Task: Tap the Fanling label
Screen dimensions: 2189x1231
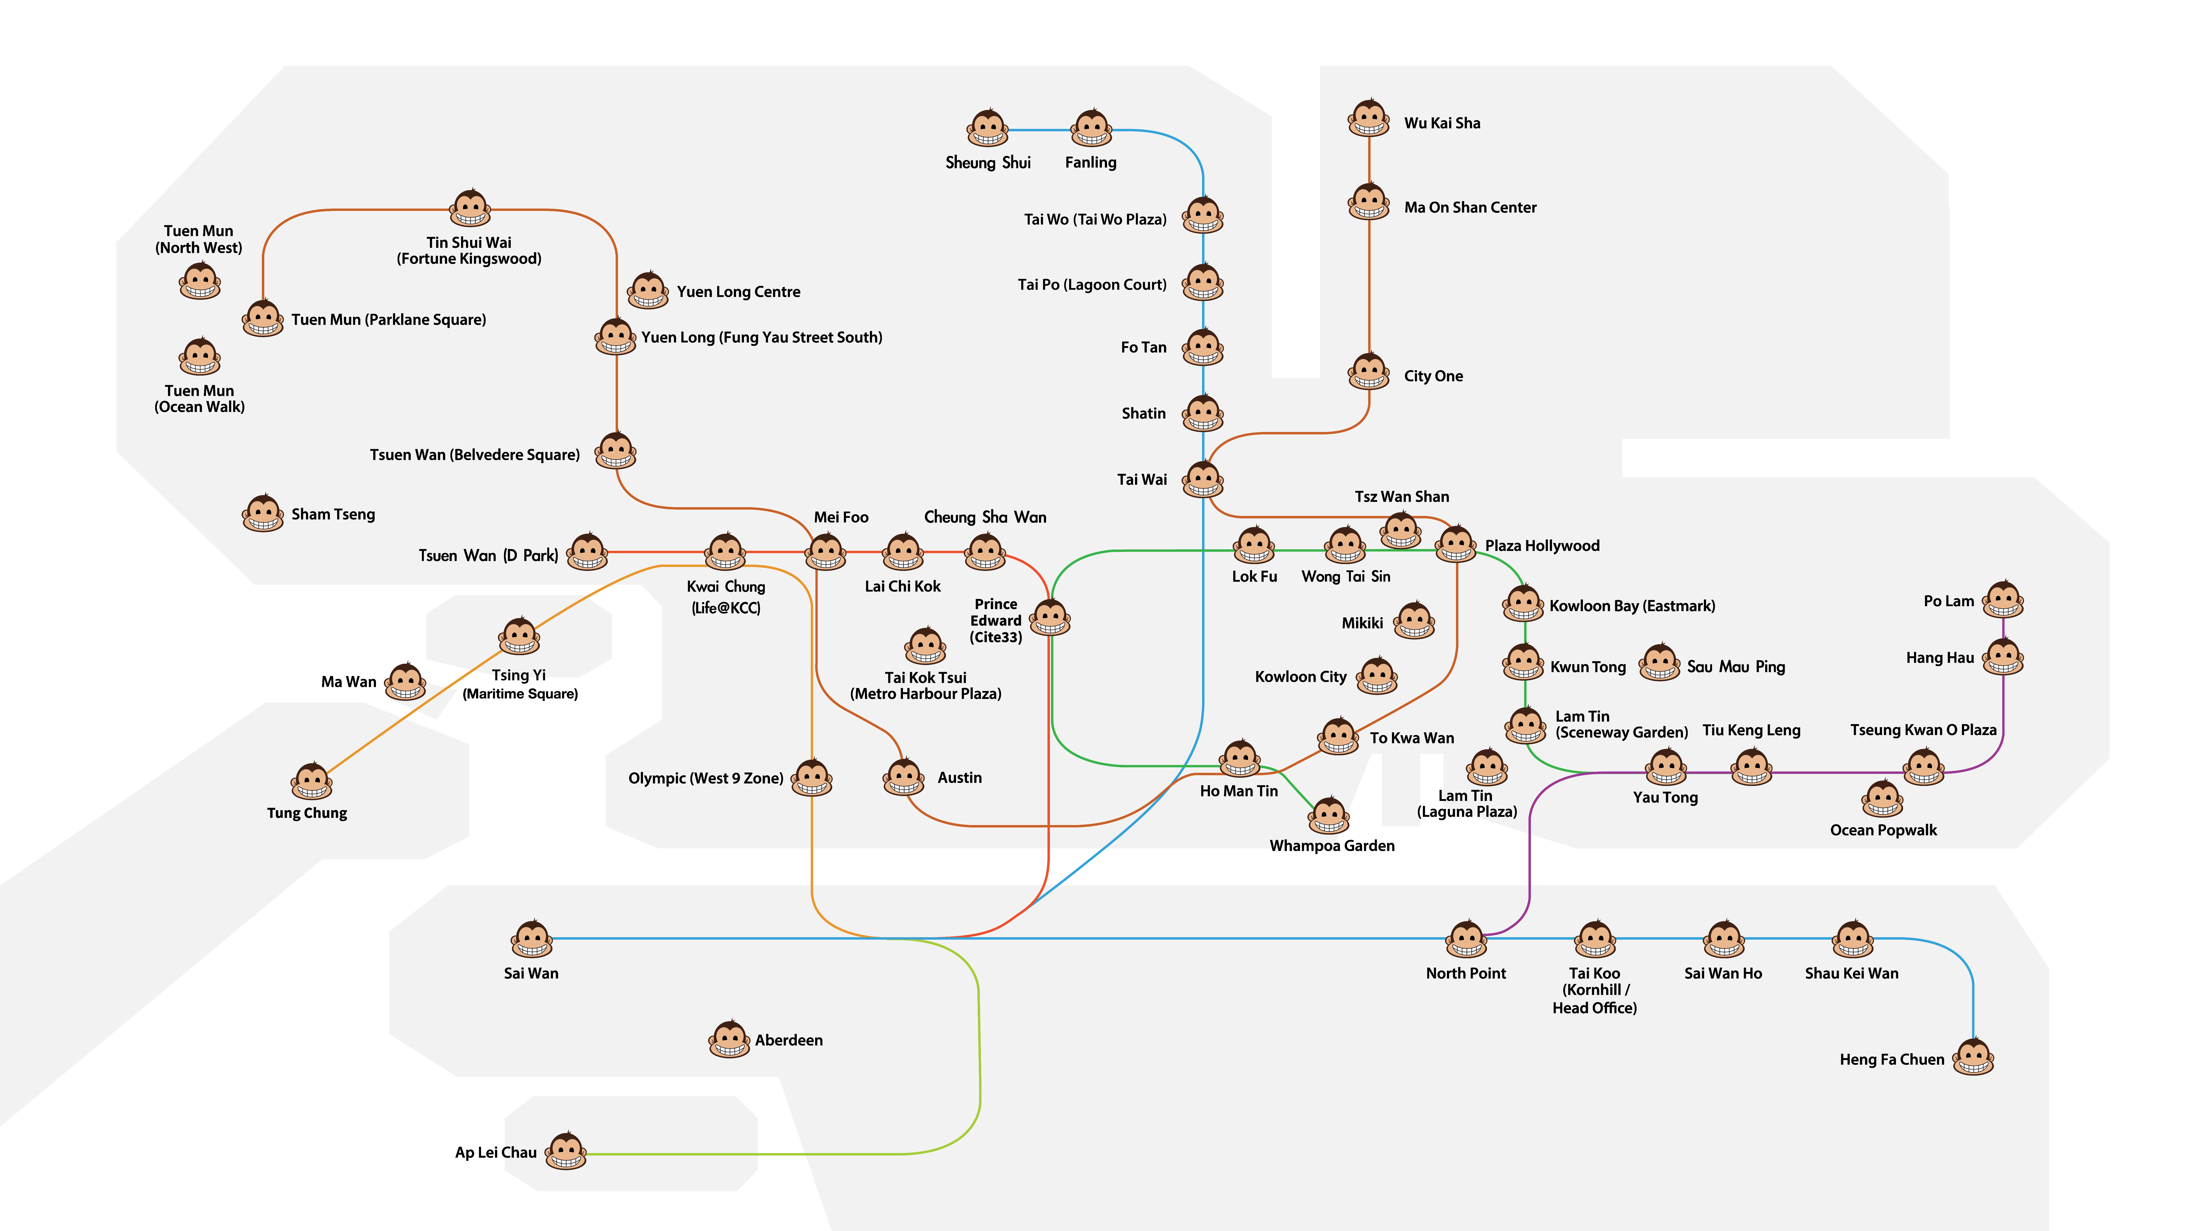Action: (x=1091, y=162)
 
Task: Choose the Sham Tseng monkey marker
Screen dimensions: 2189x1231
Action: (x=264, y=513)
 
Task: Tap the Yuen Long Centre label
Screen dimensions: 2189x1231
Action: (x=739, y=291)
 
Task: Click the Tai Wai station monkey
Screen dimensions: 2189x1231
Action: (x=1203, y=479)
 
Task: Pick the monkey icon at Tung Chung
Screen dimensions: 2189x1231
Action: (x=312, y=782)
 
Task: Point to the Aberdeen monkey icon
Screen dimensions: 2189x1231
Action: (x=729, y=1039)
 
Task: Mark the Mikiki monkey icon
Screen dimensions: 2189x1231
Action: (x=1414, y=621)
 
